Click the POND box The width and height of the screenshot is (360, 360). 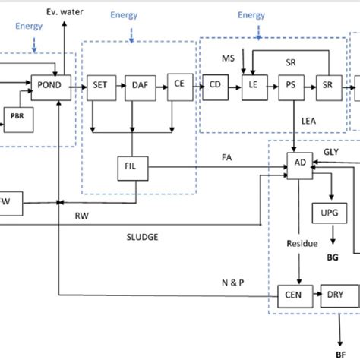point(49,85)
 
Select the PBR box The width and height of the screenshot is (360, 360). point(18,115)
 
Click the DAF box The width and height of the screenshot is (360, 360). point(138,85)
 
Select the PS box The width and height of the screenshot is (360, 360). point(292,85)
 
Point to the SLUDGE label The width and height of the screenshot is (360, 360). point(142,236)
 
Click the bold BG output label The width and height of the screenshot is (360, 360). point(333,258)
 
